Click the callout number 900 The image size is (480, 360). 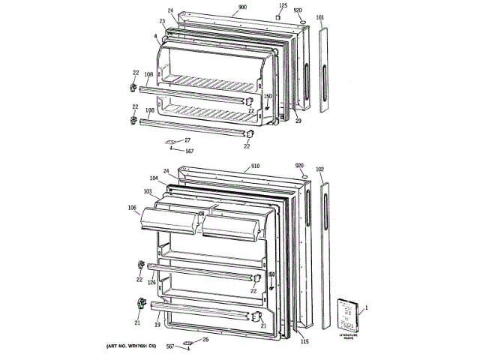(242, 7)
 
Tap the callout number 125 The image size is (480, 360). (283, 6)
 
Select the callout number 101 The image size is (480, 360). (320, 16)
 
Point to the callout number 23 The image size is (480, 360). (162, 21)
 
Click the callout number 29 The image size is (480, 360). (298, 121)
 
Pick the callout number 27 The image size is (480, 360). (187, 140)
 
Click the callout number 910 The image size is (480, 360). (255, 166)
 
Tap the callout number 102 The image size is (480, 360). (320, 170)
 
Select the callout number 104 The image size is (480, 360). (153, 179)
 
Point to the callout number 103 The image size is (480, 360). (148, 192)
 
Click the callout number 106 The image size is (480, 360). (132, 208)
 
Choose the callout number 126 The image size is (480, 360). (151, 283)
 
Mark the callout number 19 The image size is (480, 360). (158, 325)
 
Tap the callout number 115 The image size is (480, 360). (304, 343)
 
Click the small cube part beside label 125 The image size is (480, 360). (277, 17)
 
